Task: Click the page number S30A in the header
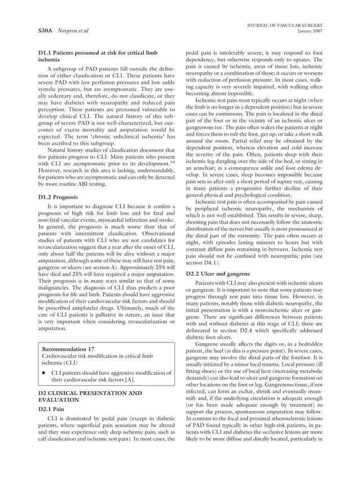click(x=38, y=29)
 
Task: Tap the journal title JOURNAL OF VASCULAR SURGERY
click(x=293, y=24)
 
